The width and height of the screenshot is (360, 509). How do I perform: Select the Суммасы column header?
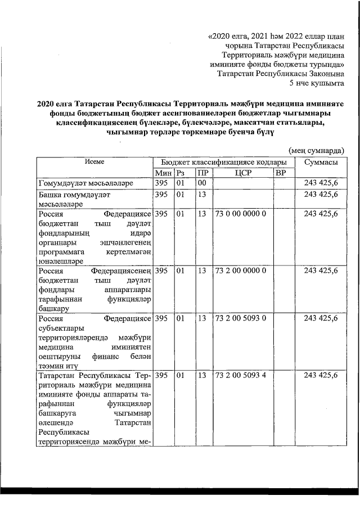pos(321,162)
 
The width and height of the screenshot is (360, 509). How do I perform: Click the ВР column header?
pos(281,172)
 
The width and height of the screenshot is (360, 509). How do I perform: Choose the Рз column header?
pos(181,172)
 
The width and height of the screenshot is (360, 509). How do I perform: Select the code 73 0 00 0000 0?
pos(240,214)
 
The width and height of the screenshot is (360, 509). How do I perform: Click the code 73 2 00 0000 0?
pos(240,271)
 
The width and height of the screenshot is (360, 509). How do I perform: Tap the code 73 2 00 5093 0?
pos(240,319)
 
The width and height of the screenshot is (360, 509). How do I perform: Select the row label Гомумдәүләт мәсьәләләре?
pos(85,183)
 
